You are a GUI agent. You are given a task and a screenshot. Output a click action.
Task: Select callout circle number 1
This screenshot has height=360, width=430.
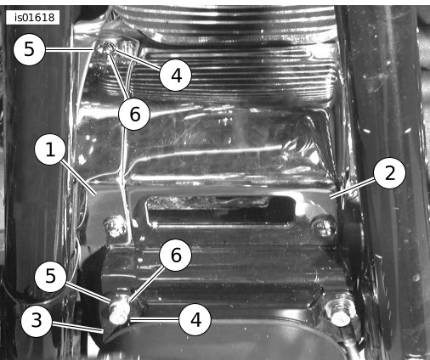[50, 149]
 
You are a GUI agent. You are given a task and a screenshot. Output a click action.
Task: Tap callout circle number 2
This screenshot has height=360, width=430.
[389, 173]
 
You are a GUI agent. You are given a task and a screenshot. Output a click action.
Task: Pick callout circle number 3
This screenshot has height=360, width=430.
[37, 321]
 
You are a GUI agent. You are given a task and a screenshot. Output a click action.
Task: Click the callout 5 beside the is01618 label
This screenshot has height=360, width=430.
[29, 49]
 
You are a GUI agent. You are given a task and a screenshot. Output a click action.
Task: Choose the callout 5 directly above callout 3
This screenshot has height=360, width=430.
[50, 276]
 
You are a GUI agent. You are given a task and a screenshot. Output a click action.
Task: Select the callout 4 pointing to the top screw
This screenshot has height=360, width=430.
[176, 76]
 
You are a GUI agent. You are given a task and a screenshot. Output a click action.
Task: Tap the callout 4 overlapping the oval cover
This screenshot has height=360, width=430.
[195, 319]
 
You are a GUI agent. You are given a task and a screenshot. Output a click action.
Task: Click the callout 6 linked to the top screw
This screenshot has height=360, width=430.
[134, 114]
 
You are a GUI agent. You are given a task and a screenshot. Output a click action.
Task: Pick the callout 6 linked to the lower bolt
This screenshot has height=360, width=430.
[176, 255]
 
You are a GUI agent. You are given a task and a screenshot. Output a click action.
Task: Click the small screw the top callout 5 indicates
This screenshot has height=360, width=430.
[105, 48]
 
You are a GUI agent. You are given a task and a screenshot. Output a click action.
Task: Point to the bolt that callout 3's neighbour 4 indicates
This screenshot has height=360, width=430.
[119, 309]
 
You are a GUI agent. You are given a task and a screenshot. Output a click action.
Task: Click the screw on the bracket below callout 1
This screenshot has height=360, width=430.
[115, 226]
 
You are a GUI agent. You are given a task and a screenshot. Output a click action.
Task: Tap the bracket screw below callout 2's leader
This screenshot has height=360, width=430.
[324, 224]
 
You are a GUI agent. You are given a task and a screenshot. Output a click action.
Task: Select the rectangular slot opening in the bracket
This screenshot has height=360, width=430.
[220, 211]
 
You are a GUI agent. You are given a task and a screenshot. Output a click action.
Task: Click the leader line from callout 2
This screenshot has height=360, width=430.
[353, 188]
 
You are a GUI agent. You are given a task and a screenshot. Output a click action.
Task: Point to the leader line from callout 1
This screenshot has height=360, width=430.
[78, 177]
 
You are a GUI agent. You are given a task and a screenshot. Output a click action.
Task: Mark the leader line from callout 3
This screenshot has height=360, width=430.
[76, 327]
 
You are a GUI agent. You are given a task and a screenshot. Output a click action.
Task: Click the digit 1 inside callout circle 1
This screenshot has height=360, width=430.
[50, 149]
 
